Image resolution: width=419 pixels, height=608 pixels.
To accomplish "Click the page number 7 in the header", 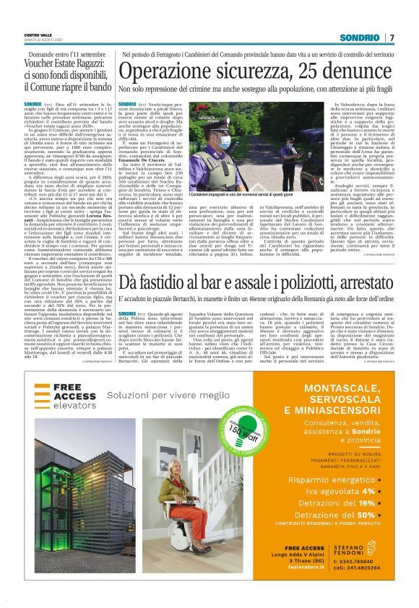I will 392,38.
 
